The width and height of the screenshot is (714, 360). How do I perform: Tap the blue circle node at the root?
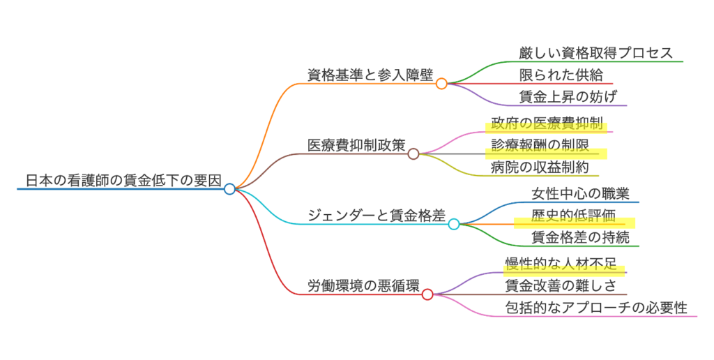229,188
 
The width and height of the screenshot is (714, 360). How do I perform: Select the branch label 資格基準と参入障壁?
370,75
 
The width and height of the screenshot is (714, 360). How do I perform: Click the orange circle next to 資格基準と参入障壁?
441,84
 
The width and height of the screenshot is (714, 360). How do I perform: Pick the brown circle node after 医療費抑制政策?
413,153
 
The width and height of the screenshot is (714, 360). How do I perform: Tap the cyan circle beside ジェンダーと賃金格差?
454,224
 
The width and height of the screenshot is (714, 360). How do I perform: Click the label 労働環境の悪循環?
363,286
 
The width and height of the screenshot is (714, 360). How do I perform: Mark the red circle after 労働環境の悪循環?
427,294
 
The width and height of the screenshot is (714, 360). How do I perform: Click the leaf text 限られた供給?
561,75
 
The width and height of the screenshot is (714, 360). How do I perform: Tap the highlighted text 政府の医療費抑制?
547,123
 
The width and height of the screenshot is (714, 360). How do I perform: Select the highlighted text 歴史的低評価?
574,216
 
